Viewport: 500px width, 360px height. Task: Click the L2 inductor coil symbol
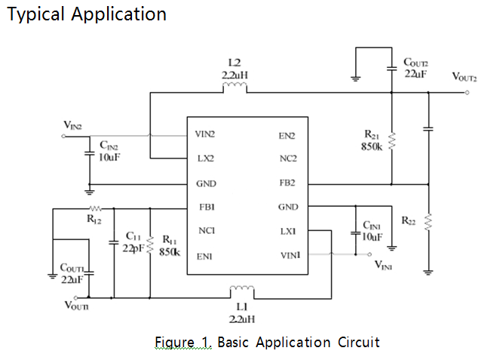click(235, 90)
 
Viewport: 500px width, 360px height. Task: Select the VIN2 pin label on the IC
click(206, 136)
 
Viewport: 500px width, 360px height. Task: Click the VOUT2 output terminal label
click(465, 77)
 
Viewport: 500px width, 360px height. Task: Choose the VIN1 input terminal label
click(388, 266)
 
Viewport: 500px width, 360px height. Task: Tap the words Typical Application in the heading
click(86, 14)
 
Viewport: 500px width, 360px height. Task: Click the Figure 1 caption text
click(266, 343)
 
